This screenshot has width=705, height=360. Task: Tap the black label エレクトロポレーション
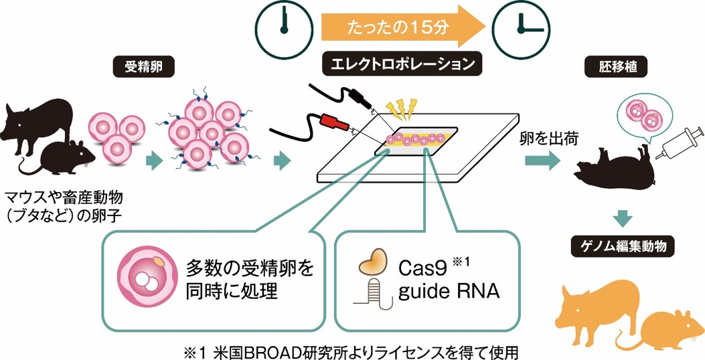[x=402, y=65]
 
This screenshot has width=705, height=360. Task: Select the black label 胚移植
[x=598, y=67]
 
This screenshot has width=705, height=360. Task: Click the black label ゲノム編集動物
[x=623, y=247]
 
